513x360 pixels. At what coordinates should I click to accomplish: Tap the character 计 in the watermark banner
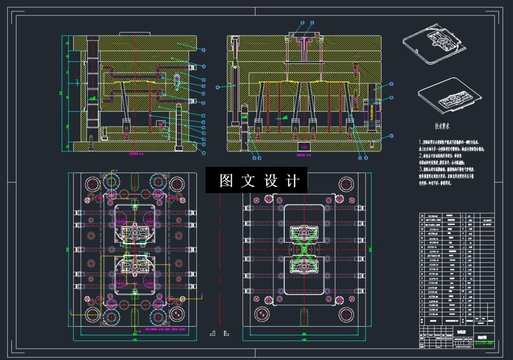293,181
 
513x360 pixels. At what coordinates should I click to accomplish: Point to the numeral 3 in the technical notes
420,168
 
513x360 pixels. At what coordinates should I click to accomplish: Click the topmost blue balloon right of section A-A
204,50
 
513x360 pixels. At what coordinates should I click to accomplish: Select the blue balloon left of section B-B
218,87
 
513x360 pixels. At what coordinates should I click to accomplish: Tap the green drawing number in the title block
484,341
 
